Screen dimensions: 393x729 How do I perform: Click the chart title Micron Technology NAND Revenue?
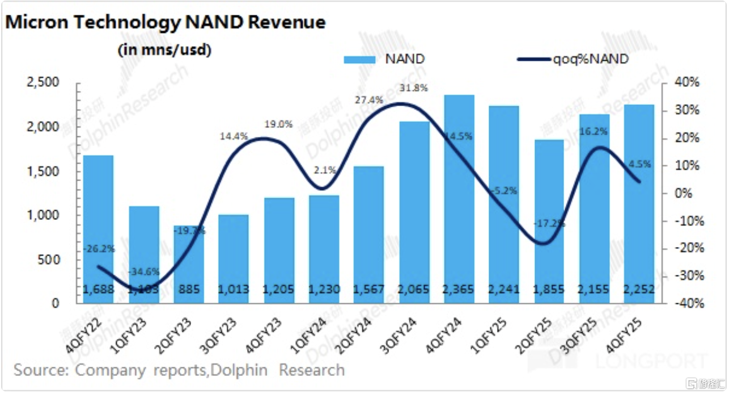166,22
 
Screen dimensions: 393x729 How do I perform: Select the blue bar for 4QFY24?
459,199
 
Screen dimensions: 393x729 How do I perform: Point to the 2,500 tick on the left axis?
43,83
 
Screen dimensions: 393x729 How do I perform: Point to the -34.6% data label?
143,270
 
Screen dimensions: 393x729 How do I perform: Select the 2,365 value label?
459,290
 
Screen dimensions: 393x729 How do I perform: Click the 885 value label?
189,290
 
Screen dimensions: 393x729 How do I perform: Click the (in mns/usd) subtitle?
164,50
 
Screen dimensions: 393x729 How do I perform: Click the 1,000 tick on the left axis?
43,215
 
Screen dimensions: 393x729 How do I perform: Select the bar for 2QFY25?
549,221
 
